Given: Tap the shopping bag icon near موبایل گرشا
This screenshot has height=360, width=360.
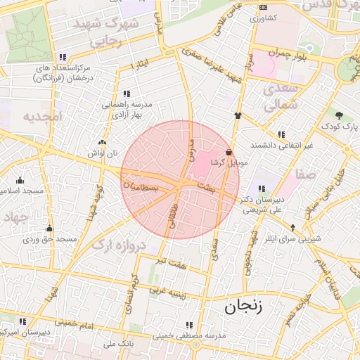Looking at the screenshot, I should coord(229,152).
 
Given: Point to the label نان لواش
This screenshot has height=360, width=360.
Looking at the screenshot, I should coord(101,153).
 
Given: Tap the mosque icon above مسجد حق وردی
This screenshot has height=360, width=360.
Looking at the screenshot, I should coord(49,229).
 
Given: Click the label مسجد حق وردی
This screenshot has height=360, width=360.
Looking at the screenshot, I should coord(50,240).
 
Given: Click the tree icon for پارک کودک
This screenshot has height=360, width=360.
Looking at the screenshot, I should coord(340,115).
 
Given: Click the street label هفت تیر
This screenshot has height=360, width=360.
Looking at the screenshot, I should coord(173,262).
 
